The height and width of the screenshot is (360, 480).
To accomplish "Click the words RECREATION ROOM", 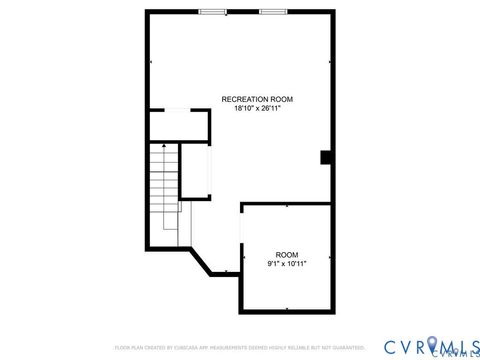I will coord(258,99).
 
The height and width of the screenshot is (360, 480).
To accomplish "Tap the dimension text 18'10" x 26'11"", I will coord(258,108).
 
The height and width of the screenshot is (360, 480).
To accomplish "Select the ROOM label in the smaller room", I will coord(287,255).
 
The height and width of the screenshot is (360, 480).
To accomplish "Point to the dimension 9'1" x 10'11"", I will coord(287,264).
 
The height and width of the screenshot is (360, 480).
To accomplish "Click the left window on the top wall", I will coord(211,12).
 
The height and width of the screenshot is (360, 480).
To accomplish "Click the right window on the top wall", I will coord(273,12).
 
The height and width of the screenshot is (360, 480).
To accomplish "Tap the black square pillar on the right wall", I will coord(326,157).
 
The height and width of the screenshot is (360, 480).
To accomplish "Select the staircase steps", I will coord(162,195).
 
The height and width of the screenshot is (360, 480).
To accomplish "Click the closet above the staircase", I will coord(178,124).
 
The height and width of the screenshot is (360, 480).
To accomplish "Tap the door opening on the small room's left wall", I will coord(241,240).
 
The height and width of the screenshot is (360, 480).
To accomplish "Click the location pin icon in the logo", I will coord(433,345).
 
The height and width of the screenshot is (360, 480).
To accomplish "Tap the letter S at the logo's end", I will coord(470,345).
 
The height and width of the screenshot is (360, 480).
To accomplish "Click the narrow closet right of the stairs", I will coord(194,170).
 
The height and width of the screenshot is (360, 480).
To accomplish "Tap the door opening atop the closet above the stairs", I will coord(177,109).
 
